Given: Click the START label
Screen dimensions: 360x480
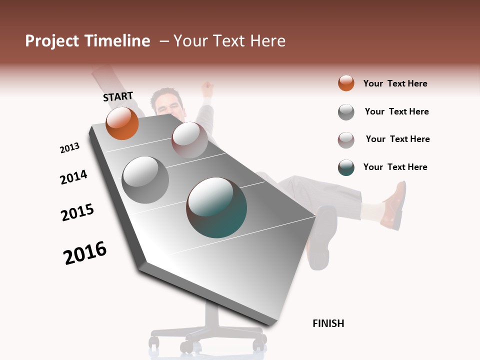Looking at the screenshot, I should point(118,96).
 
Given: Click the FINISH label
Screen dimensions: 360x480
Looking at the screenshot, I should point(328,323).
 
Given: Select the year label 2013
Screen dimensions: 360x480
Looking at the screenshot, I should point(69,148).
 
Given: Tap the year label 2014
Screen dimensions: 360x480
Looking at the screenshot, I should point(73,177).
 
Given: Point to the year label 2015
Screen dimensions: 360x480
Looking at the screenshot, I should point(77,212).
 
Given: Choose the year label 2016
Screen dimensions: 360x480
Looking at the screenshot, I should point(85,252).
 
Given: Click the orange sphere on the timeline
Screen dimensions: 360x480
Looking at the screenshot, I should point(122,123).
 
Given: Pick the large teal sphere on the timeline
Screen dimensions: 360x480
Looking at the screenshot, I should point(216,207).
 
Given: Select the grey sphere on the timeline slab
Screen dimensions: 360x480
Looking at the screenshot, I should point(145,180).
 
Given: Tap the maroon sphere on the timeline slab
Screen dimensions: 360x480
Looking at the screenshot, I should point(189,140).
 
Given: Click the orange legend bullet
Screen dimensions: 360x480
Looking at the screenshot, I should point(346,83).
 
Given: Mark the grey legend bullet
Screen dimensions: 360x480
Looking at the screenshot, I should point(346,112).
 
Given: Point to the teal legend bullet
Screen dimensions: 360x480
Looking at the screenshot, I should point(346,167).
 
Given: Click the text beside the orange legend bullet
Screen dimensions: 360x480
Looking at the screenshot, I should point(395,83).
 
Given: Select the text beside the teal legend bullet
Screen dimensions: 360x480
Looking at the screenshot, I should point(395,167).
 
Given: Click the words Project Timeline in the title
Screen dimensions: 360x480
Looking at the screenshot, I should point(87,41).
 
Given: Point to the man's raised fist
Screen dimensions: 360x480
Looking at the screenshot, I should point(207,90).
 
